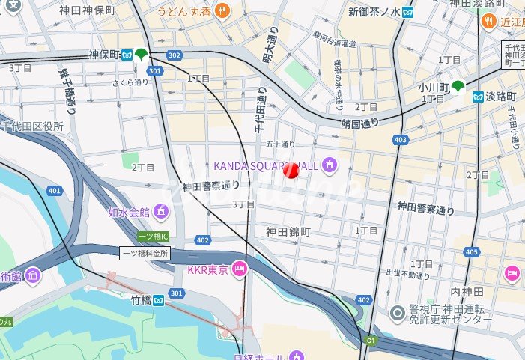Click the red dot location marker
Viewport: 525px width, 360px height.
292,171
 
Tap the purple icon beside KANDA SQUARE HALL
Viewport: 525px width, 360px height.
328,165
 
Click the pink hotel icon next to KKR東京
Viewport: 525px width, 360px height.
239,269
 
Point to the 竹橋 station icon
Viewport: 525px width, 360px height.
159,300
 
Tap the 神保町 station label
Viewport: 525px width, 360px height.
103,55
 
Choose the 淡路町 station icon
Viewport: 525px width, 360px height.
477,96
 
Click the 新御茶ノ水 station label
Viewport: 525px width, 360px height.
374,12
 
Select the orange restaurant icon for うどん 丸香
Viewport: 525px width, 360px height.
222,11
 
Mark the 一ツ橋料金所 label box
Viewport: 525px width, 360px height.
145,253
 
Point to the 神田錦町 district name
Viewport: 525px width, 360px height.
288,232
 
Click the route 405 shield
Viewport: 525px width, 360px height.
471,252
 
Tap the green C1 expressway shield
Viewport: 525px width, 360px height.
371,341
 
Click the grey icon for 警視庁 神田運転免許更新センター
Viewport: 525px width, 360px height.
397,312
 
